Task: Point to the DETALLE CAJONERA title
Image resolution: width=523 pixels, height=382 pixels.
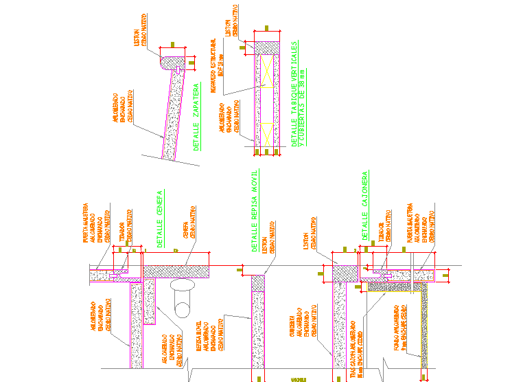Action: [x=365, y=206]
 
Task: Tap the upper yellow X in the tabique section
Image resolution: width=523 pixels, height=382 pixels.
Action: [x=267, y=67]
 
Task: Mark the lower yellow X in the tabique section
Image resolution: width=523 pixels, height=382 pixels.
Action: [x=267, y=131]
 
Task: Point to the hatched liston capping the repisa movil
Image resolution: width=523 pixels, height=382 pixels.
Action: [x=257, y=282]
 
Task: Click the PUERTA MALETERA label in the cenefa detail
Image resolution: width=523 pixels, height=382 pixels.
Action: [x=86, y=222]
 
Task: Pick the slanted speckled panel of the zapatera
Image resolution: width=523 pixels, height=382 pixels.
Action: [x=174, y=113]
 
